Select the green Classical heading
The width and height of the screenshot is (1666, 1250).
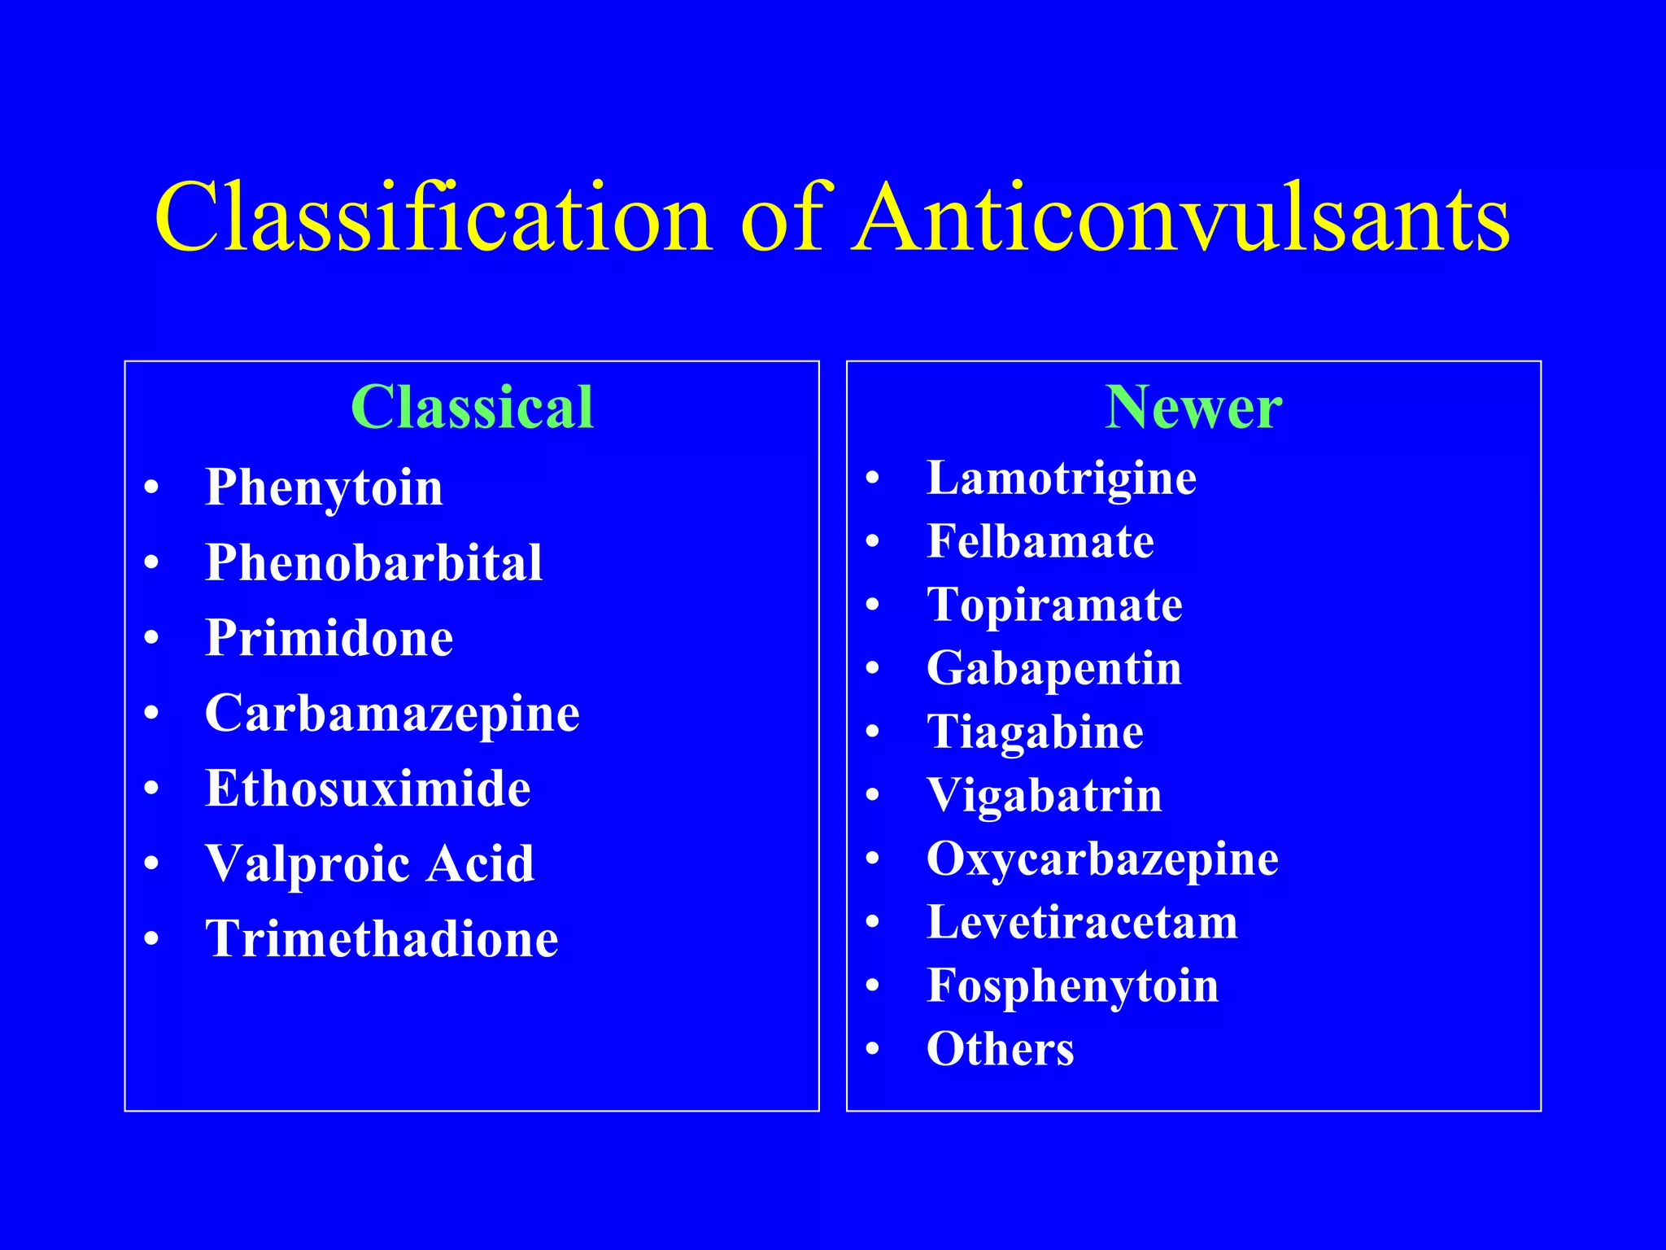tap(472, 407)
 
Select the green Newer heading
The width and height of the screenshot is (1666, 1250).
tap(1193, 407)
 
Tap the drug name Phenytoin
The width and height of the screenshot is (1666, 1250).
tap(324, 487)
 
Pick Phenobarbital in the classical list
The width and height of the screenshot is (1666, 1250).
tap(373, 562)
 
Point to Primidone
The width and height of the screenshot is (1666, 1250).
tap(329, 637)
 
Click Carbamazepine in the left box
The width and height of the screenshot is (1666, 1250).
tap(392, 714)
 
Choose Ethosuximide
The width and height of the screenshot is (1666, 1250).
tap(368, 788)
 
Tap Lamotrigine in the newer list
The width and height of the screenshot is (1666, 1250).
tap(1062, 478)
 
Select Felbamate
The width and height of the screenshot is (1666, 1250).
tap(1040, 541)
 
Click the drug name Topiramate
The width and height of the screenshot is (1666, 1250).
tap(1054, 605)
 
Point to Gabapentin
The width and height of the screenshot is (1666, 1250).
tap(1054, 669)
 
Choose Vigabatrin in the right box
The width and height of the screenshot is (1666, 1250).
tap(1045, 795)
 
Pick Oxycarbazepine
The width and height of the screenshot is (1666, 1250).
tap(1102, 859)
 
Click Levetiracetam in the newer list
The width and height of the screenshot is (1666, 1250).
tap(1082, 922)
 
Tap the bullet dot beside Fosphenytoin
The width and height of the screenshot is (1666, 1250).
tap(873, 986)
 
